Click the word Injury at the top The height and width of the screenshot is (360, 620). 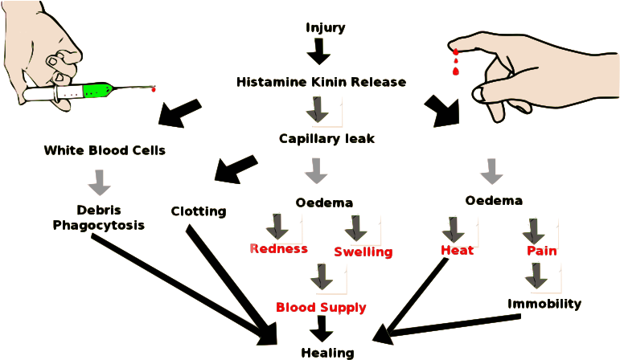pos(326,28)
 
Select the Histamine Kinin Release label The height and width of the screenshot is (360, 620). pos(321,83)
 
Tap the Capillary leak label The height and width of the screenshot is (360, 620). pos(326,138)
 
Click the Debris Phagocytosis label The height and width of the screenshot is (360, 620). pos(99,218)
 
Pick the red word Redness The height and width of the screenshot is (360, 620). pos(278,248)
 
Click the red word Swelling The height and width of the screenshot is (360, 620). pos(363,252)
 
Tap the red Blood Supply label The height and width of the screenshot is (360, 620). pos(321,307)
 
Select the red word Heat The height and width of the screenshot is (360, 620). pos(457,250)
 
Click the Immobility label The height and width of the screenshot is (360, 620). pos(544,305)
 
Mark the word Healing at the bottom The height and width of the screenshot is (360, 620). pos(326,352)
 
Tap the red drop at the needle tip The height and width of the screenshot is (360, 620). pos(153,88)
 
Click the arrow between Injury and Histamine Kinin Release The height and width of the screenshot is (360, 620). pos(319,53)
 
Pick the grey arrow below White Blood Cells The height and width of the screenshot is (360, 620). pos(100,182)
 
